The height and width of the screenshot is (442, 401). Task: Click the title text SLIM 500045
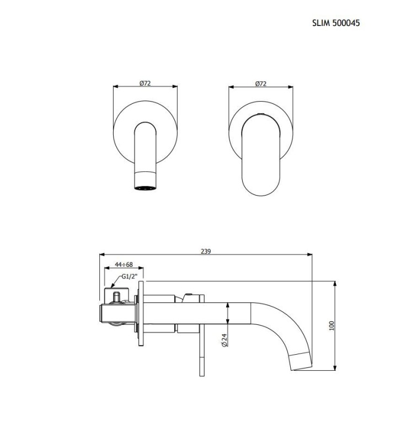(336, 23)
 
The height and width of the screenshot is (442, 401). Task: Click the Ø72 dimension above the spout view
(145, 83)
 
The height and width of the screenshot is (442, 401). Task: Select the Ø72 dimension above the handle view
(261, 83)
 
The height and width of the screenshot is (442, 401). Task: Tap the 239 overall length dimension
(206, 251)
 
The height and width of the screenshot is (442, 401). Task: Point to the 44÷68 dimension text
(124, 265)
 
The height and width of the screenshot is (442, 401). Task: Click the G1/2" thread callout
(130, 276)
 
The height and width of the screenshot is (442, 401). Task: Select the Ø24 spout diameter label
(224, 340)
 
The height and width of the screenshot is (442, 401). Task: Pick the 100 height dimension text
(332, 325)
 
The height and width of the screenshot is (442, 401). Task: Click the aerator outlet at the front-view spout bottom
(145, 188)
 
